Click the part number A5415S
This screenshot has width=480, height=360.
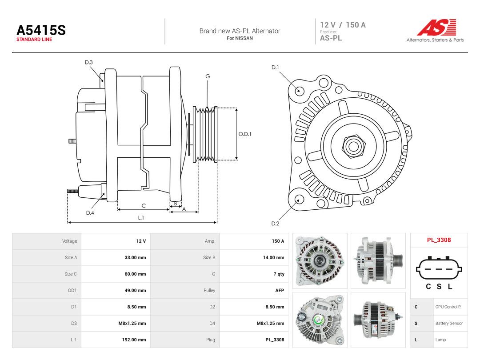41,30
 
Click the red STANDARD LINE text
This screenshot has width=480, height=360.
34,40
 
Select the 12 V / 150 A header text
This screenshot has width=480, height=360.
343,25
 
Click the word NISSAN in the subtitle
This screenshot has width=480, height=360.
244,38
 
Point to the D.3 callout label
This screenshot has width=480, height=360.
89,63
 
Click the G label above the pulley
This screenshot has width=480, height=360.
208,76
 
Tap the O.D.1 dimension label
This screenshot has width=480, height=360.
245,134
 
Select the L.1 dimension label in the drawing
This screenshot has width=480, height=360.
141,218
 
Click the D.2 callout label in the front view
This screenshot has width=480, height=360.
275,224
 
